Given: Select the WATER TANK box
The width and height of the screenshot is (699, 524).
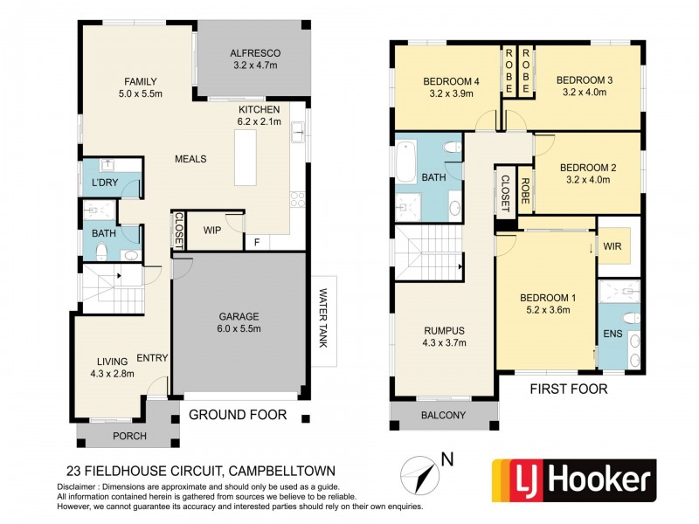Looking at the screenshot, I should (x=323, y=319).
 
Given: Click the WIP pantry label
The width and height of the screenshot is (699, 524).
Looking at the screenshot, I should (x=211, y=231).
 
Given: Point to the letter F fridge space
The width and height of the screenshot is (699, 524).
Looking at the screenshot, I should (x=256, y=242).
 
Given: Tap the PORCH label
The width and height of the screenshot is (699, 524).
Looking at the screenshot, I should (x=113, y=436).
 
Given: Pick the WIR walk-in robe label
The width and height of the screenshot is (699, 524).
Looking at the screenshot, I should (x=612, y=246).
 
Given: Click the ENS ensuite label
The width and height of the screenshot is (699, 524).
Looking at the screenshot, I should (x=609, y=334).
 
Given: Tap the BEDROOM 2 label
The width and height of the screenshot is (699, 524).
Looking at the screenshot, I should (x=587, y=173).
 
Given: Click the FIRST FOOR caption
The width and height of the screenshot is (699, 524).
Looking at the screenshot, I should (x=568, y=390).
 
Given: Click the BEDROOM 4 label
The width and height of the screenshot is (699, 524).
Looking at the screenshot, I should (x=451, y=87).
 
